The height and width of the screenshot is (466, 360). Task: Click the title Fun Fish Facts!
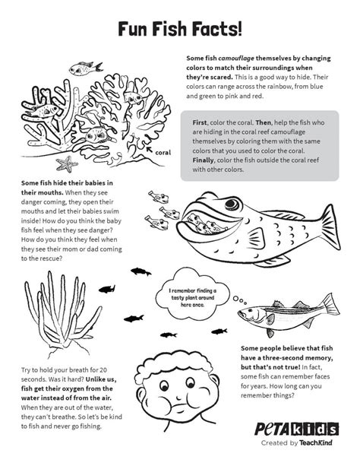coord(180,29)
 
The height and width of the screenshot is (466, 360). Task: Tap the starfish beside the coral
coord(67,163)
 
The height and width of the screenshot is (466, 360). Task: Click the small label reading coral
coord(163,152)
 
